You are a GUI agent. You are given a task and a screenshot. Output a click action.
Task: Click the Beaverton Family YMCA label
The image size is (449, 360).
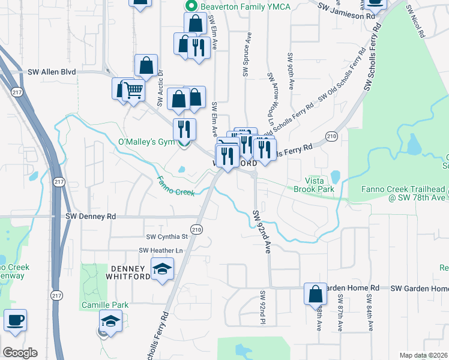237,7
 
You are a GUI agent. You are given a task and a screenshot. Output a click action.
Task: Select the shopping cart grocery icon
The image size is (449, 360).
134,91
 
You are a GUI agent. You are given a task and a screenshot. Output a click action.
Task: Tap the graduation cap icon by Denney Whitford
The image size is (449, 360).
162,269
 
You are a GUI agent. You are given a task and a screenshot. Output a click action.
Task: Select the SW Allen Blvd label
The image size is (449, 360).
52,72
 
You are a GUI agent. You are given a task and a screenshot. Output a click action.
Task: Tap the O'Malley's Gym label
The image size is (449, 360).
145,142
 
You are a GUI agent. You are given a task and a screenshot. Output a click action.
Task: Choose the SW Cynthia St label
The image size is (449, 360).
167,237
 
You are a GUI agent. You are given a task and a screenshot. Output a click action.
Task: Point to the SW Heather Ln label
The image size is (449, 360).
160,250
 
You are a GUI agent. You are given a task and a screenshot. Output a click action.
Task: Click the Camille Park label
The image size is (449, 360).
105,305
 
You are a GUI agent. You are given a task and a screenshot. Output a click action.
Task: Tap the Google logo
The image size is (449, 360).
20,353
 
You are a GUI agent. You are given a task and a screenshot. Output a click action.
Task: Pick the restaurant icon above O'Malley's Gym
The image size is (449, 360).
184,129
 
